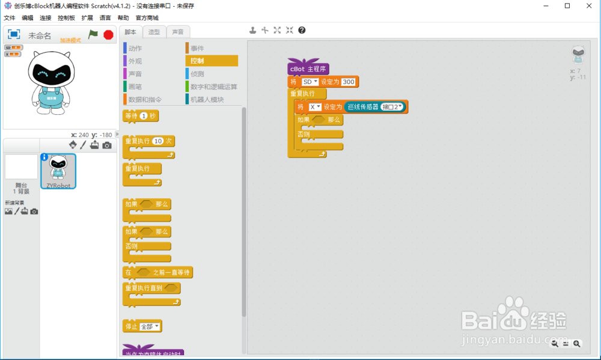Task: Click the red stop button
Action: point(108,35)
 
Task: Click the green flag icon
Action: point(93,35)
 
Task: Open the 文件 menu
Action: point(9,18)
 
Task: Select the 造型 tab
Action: point(154,32)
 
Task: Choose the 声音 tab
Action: point(178,32)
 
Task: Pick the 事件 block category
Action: point(197,48)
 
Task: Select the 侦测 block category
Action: point(197,74)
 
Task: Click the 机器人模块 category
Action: point(207,100)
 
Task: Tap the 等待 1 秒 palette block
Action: point(140,116)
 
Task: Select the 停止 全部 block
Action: point(130,326)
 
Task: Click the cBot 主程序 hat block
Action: point(308,69)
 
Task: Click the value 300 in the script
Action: point(349,82)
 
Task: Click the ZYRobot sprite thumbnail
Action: point(58,170)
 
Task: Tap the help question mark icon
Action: point(302,30)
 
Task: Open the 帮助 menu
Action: point(123,18)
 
